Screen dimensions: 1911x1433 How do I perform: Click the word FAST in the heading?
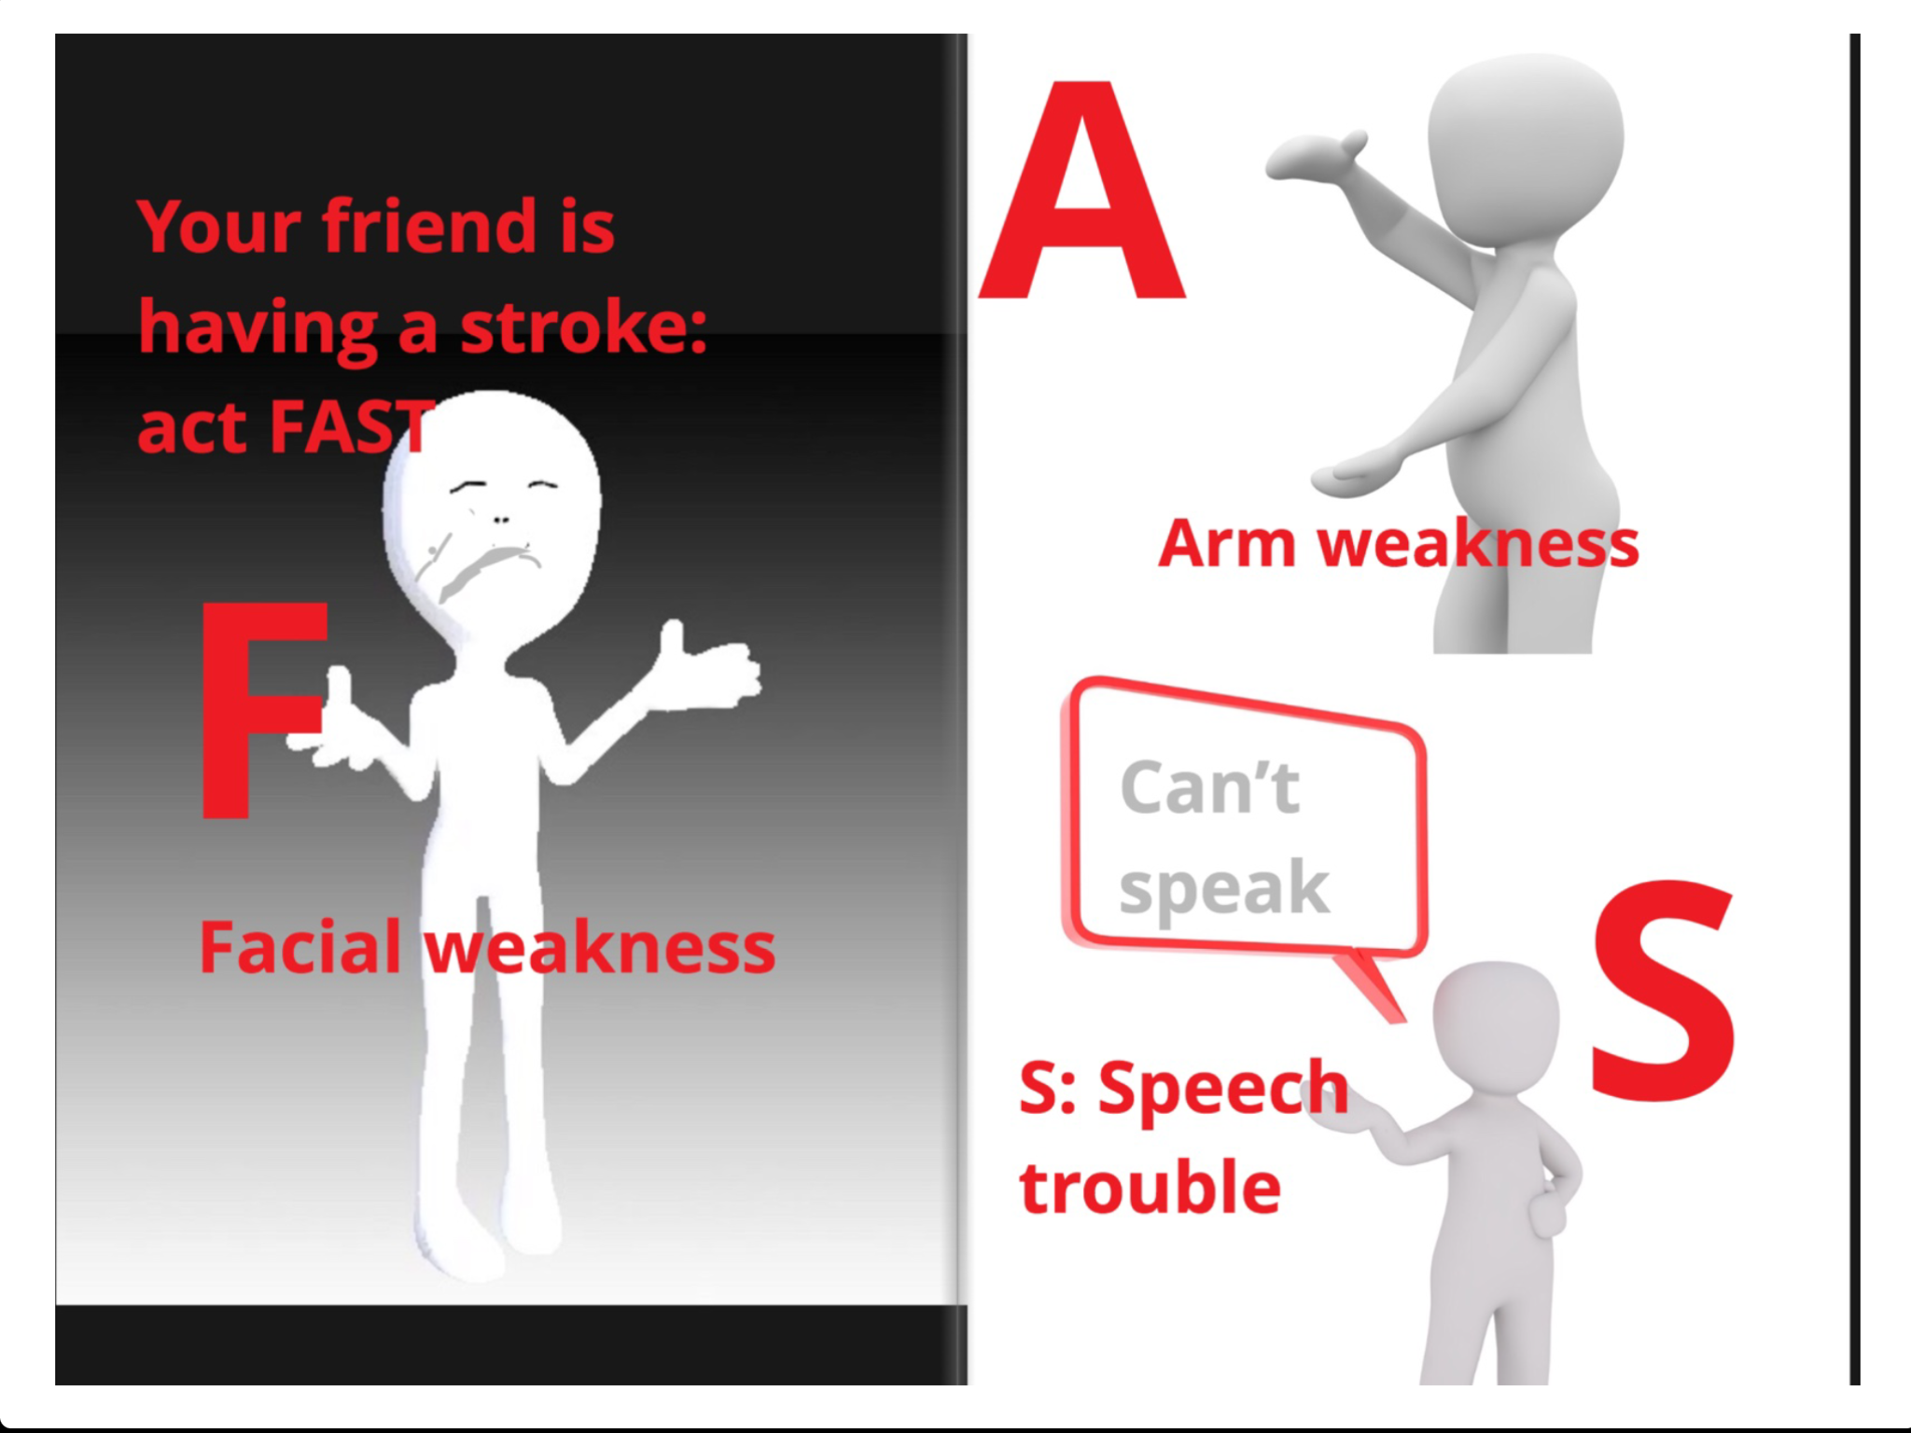pyautogui.click(x=353, y=427)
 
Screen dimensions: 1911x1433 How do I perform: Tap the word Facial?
pyautogui.click(x=300, y=947)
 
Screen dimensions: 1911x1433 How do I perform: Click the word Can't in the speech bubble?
pyautogui.click(x=1209, y=787)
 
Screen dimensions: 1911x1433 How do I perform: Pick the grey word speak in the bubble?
pyautogui.click(x=1223, y=889)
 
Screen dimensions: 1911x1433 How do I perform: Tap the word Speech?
pyautogui.click(x=1223, y=1090)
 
